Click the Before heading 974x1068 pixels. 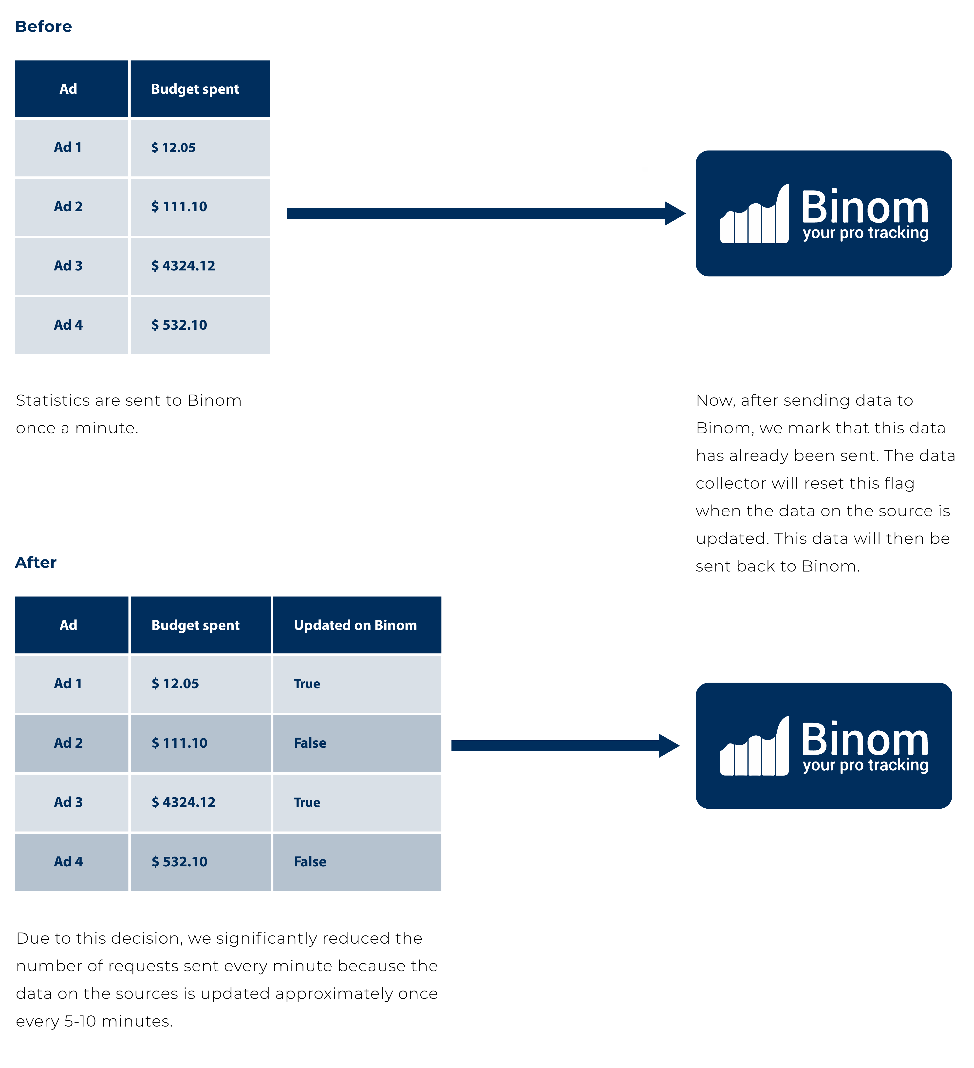[x=43, y=26]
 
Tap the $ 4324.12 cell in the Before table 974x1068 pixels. [x=200, y=266]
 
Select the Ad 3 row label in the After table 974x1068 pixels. [x=68, y=802]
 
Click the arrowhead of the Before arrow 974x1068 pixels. [x=676, y=213]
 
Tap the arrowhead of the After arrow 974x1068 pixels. [x=670, y=746]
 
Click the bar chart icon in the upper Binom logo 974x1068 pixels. [x=754, y=214]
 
